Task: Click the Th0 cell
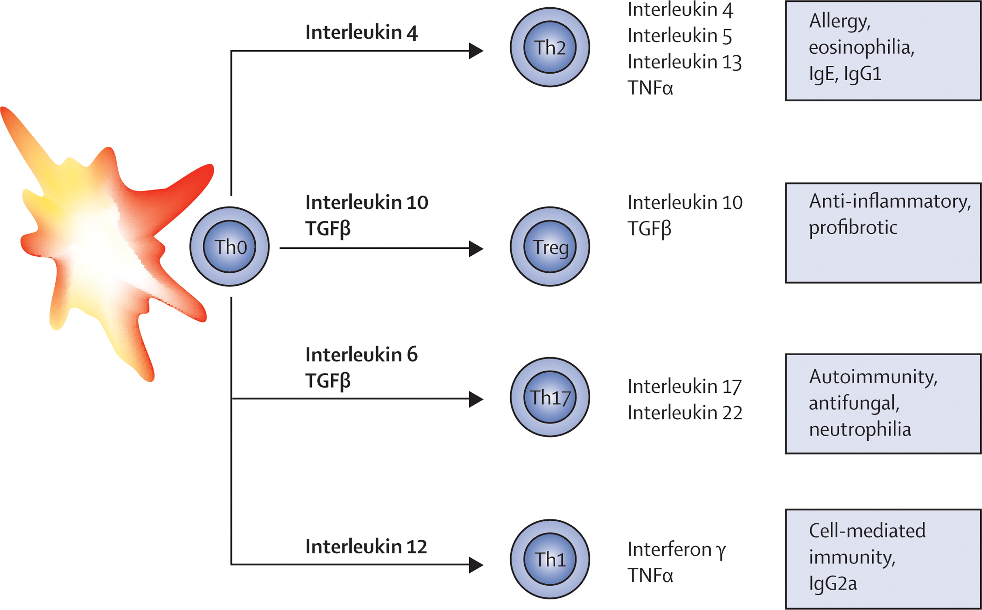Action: point(229,246)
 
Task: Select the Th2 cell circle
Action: point(550,47)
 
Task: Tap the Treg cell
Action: point(550,246)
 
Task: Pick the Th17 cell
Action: point(550,397)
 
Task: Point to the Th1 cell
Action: point(550,559)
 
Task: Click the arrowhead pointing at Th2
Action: point(476,51)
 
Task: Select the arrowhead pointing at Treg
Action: point(476,248)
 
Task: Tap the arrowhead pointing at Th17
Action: point(476,399)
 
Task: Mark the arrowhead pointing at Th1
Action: point(476,565)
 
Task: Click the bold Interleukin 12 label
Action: point(366,547)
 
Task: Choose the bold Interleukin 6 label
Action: point(362,355)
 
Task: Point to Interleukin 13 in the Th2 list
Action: point(685,62)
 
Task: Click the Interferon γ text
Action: point(676,550)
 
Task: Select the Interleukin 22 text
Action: point(685,413)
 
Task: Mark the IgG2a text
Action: point(833,583)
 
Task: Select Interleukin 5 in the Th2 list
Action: point(680,36)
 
